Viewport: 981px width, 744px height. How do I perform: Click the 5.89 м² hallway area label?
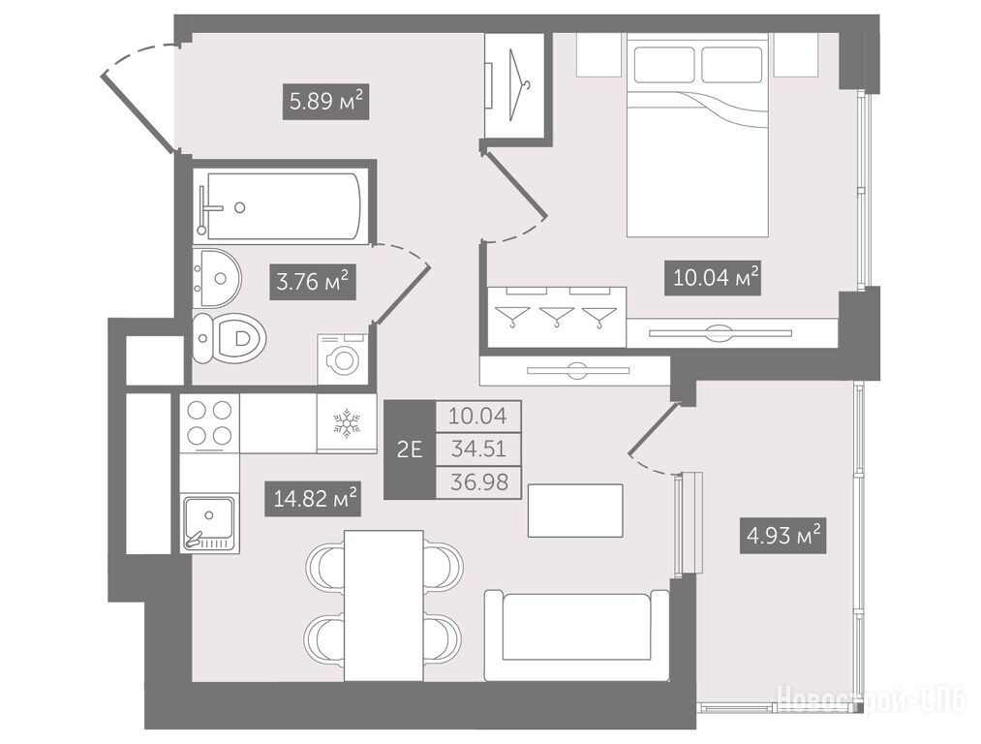(326, 101)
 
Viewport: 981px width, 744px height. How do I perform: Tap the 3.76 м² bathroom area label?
(313, 282)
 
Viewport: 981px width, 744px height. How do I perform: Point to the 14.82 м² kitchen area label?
(313, 498)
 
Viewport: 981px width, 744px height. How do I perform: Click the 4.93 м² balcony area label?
(783, 536)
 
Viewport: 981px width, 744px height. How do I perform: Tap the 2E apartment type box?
(410, 449)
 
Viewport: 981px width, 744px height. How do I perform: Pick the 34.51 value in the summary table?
(478, 449)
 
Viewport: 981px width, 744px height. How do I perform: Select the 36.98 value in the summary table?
(478, 482)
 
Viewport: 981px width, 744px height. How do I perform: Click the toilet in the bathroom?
(229, 338)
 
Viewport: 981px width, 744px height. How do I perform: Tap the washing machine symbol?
(342, 358)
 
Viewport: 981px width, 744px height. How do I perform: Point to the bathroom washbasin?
(217, 278)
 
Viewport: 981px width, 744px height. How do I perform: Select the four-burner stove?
(209, 422)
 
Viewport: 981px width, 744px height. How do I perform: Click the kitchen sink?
(209, 523)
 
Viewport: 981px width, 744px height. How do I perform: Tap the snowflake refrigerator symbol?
(347, 422)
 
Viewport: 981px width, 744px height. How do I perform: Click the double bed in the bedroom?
(697, 136)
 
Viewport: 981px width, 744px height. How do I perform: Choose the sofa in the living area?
(576, 635)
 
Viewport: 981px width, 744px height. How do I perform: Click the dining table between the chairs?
(384, 605)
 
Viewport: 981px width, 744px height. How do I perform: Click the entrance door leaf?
(138, 112)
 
